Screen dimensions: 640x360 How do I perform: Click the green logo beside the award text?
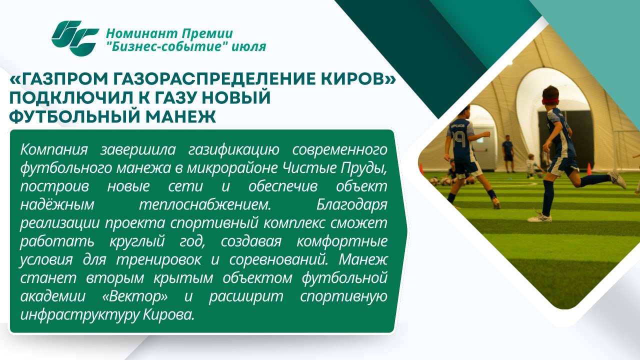[75, 38]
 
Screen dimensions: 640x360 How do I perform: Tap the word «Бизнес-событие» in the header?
[167, 46]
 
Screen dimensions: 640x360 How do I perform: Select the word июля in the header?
[249, 47]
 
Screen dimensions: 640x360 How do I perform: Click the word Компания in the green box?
[54, 149]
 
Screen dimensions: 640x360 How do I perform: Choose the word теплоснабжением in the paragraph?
[205, 205]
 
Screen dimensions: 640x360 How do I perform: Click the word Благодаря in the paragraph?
[351, 205]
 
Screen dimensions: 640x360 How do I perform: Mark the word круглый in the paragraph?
[137, 242]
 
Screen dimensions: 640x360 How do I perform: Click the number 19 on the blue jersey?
[460, 139]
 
